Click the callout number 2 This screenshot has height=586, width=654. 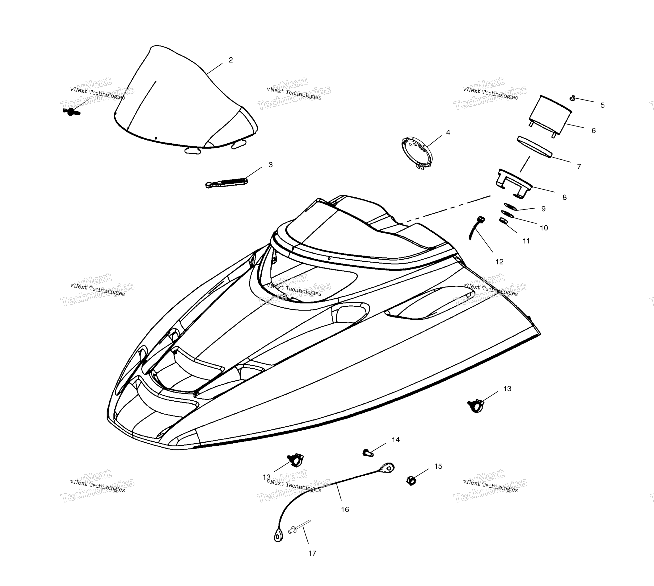pyautogui.click(x=230, y=60)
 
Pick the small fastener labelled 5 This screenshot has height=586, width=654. pyautogui.click(x=572, y=98)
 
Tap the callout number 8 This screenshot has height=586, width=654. pyautogui.click(x=564, y=197)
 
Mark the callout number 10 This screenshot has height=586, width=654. pyautogui.click(x=544, y=228)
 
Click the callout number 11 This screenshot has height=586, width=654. pyautogui.click(x=526, y=241)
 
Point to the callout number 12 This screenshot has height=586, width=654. pyautogui.click(x=499, y=262)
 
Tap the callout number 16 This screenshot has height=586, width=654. pyautogui.click(x=345, y=509)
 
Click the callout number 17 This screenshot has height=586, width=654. pyautogui.click(x=312, y=553)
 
